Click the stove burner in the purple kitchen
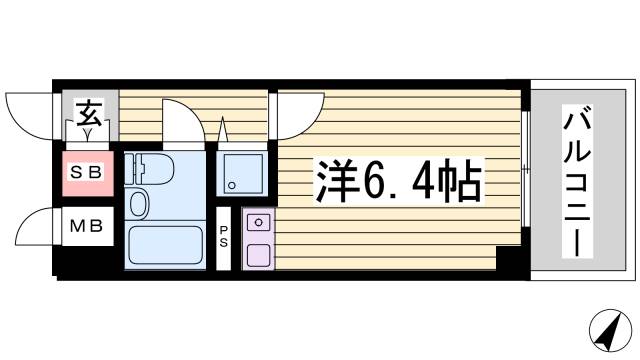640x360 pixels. pyautogui.click(x=258, y=222)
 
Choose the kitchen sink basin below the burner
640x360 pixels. pyautogui.click(x=258, y=252)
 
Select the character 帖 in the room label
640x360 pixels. pyautogui.click(x=462, y=181)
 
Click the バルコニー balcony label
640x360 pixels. pyautogui.click(x=577, y=180)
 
